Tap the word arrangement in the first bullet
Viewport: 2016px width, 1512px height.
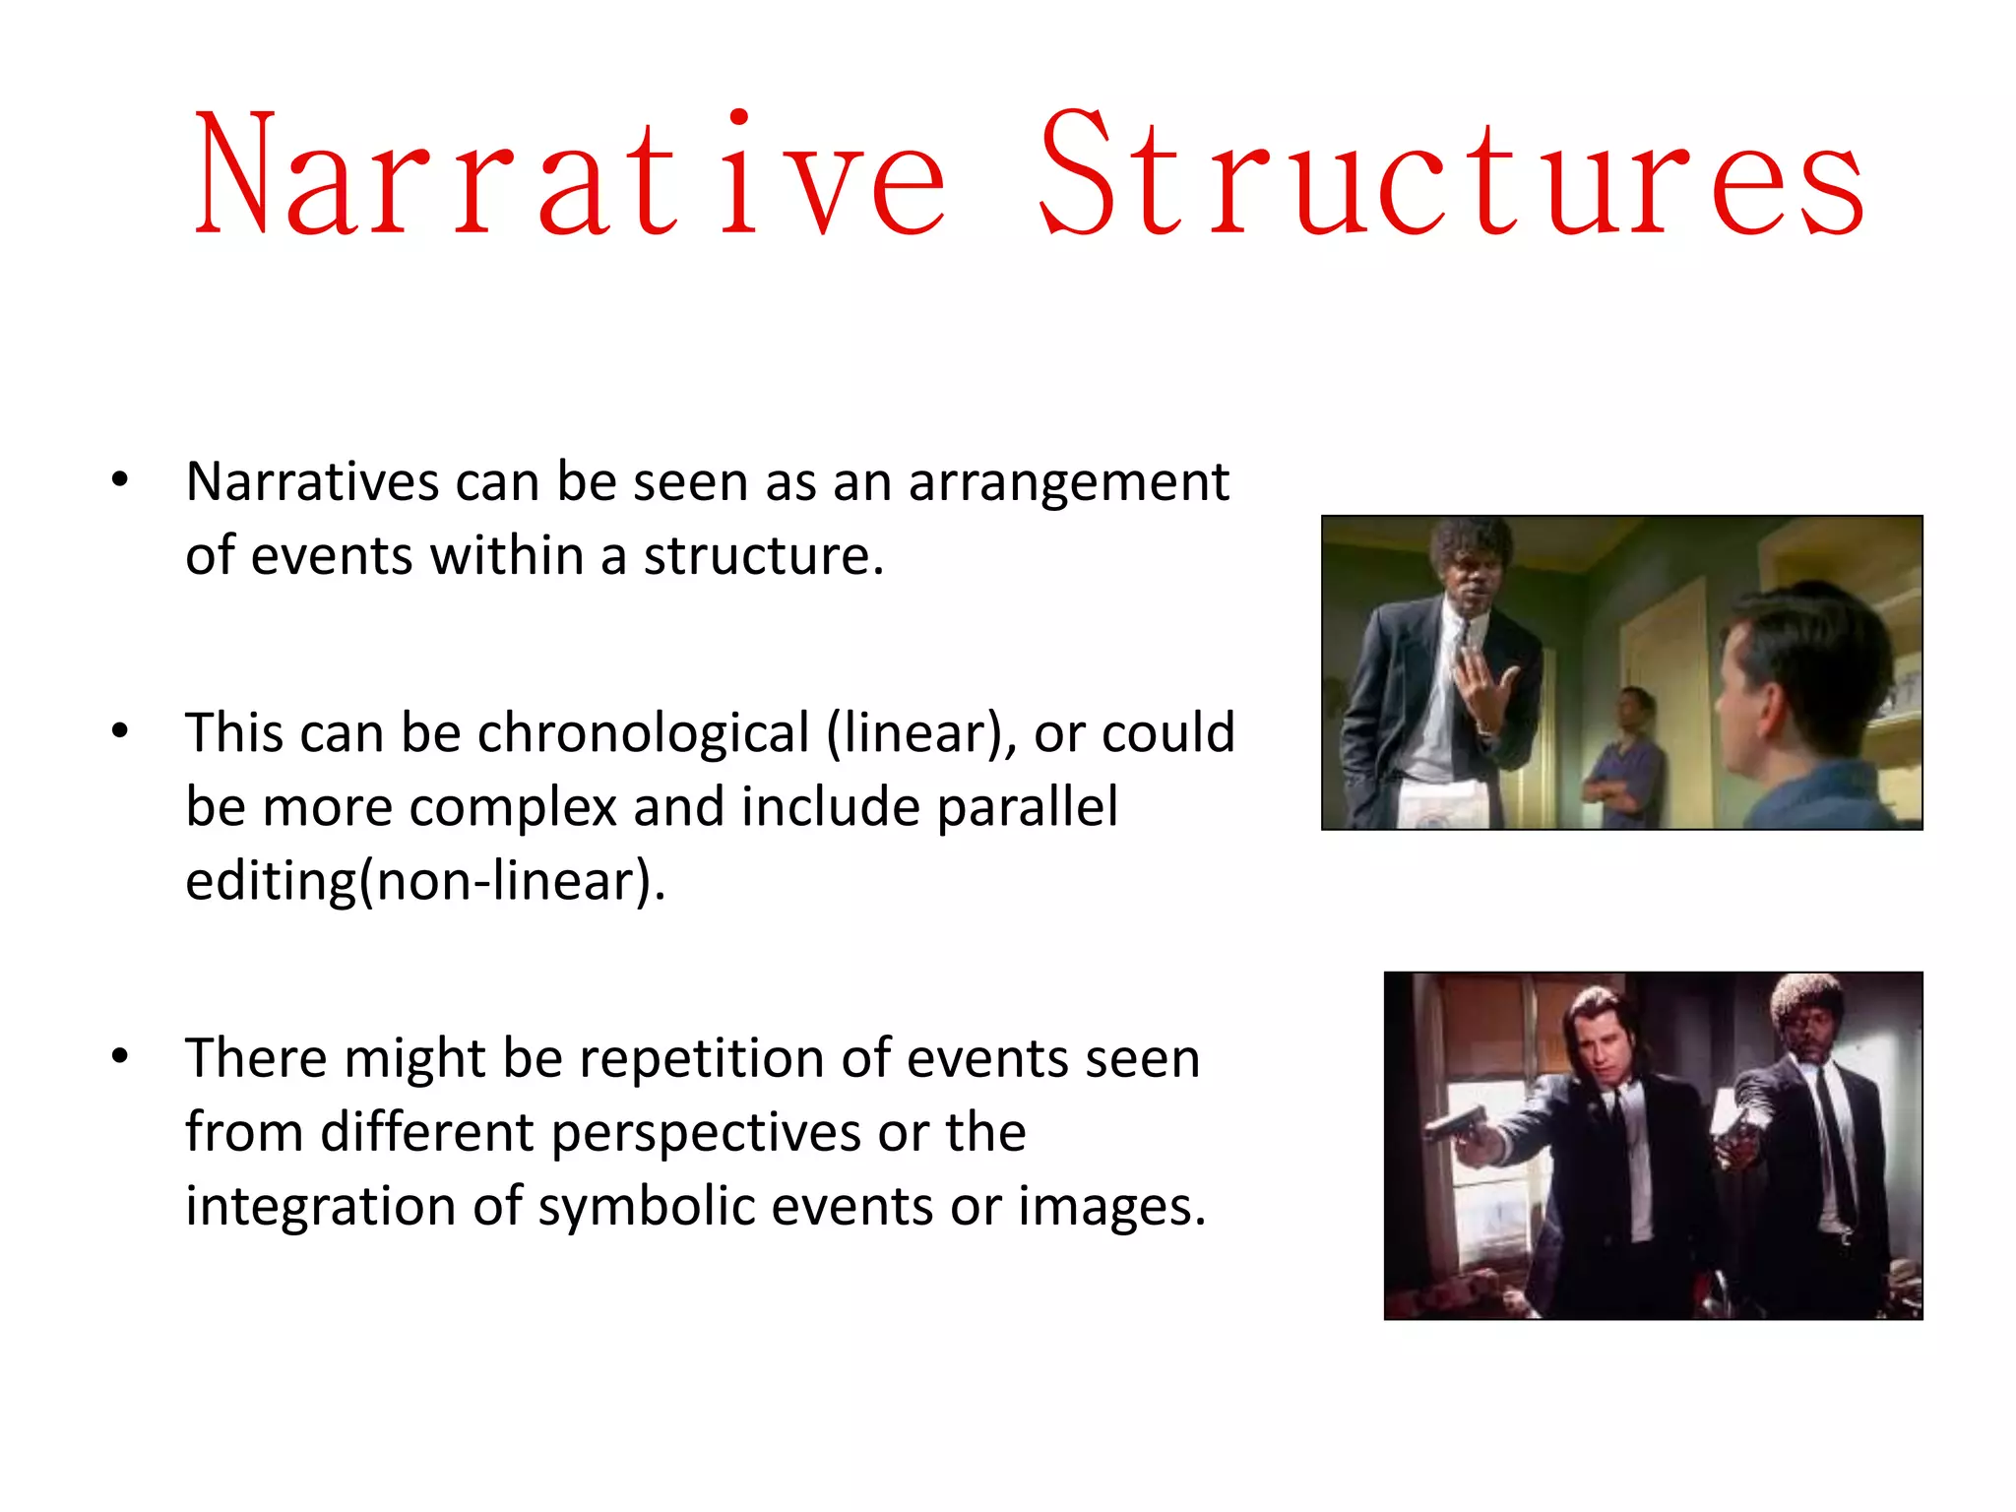click(x=1068, y=483)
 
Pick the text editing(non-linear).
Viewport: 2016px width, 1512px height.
click(x=425, y=881)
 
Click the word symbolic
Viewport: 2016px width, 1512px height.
click(x=647, y=1207)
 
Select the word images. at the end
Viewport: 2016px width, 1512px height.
click(x=1111, y=1207)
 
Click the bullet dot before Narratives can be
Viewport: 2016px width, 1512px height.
click(x=120, y=480)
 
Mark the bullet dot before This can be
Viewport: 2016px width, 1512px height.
click(x=120, y=731)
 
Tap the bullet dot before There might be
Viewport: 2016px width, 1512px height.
click(x=120, y=1056)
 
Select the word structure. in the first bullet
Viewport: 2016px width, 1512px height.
click(x=763, y=556)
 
